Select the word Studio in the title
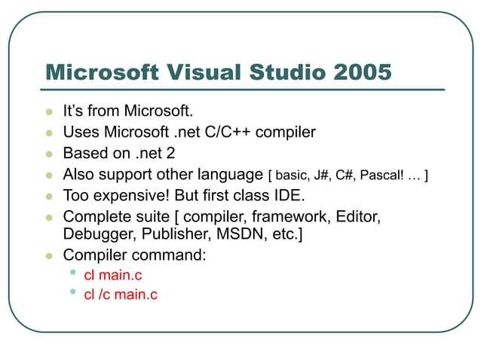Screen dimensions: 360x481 coord(285,72)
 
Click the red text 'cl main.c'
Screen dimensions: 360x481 coord(113,276)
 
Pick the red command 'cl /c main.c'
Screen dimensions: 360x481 coord(121,294)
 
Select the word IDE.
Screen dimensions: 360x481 coord(290,196)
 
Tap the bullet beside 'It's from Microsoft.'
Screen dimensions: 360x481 coord(49,112)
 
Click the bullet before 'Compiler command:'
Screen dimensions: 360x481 coord(49,255)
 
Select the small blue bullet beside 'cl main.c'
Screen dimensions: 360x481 coord(72,273)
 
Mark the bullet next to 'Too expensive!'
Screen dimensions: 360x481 coord(49,196)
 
